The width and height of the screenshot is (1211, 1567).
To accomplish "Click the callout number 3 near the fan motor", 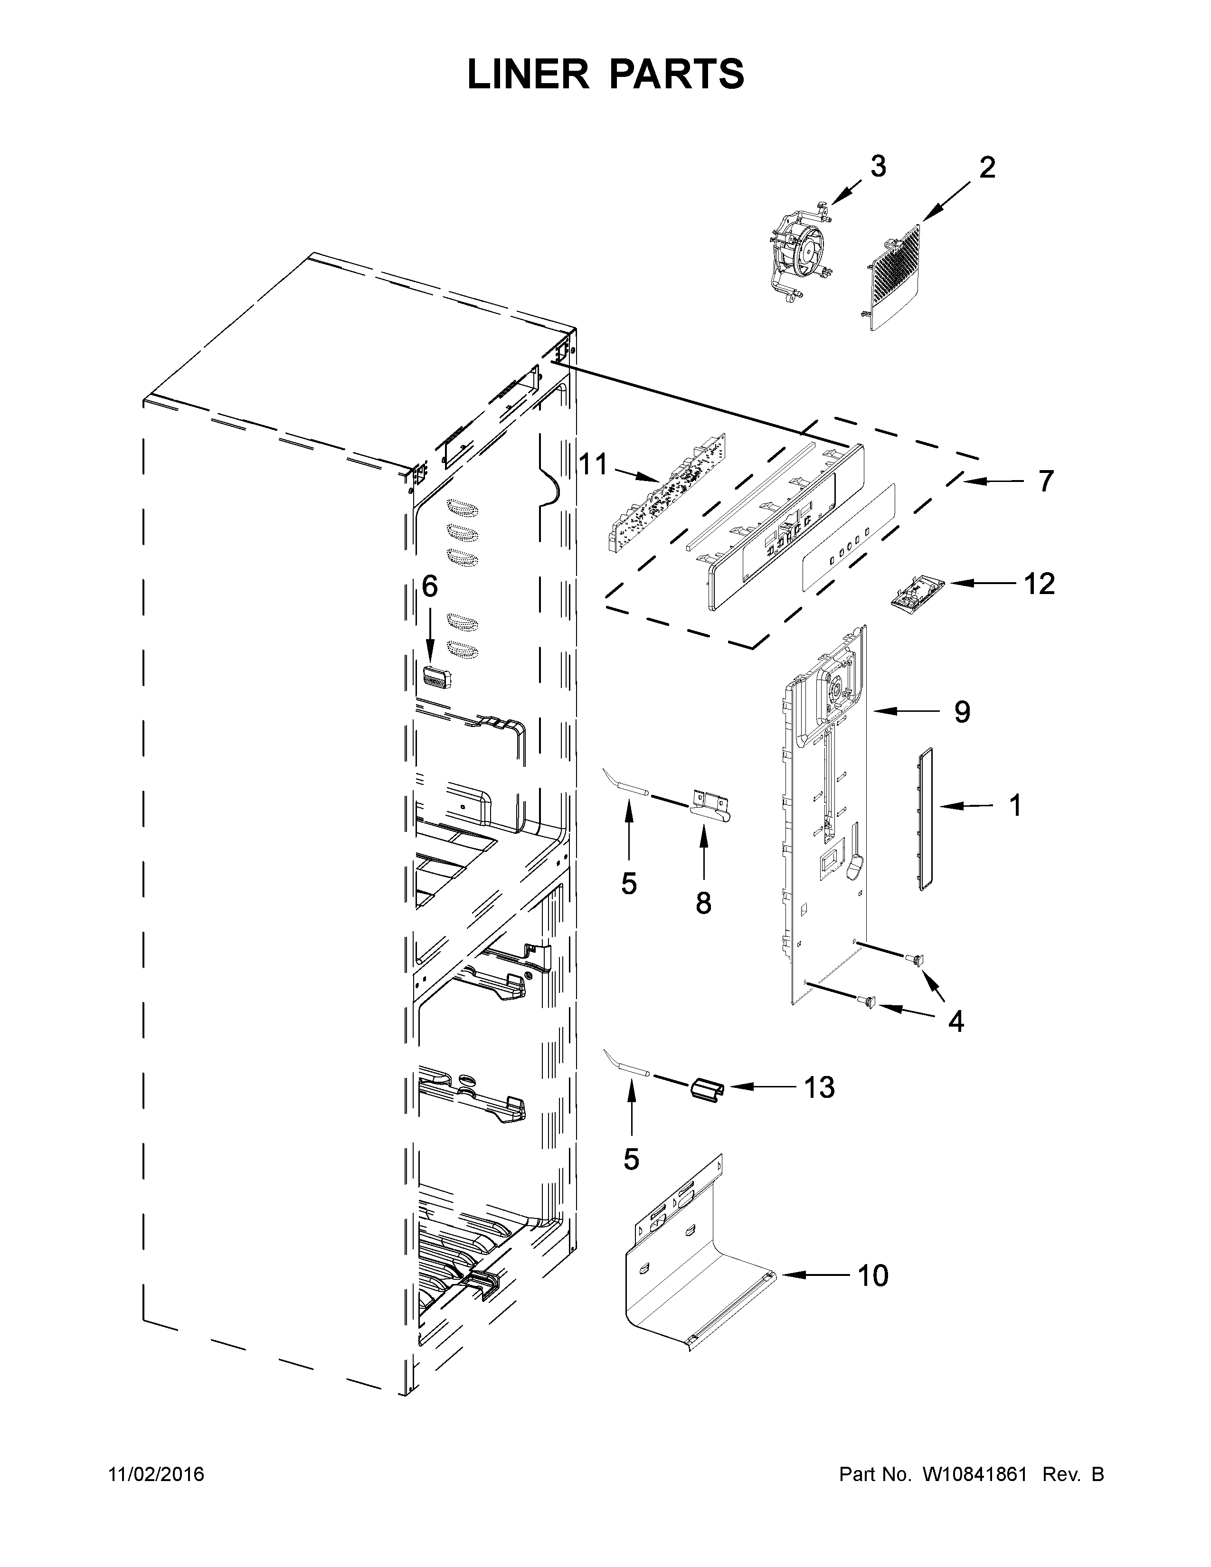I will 878,167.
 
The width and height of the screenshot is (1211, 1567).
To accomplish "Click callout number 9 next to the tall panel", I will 962,712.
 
